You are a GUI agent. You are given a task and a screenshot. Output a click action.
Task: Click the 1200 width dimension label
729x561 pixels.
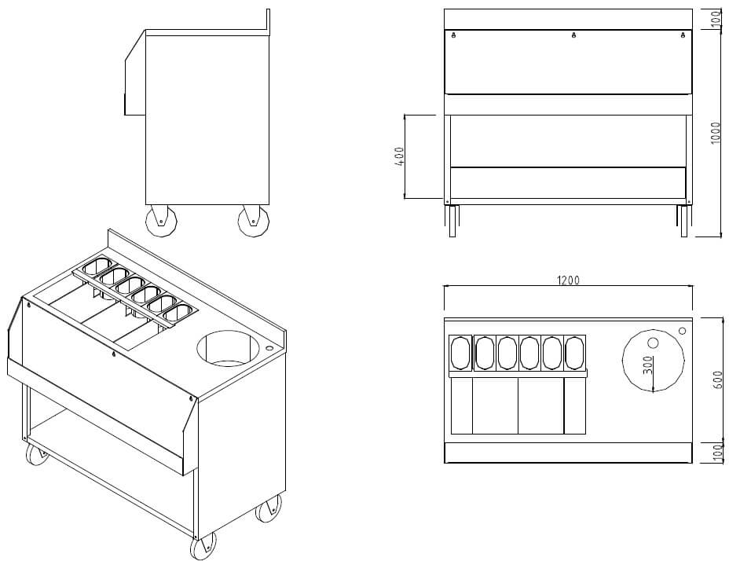click(x=568, y=280)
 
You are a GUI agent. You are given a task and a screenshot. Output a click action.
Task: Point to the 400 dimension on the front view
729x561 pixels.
click(x=400, y=156)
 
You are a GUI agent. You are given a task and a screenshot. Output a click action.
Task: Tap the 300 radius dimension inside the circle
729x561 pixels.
click(x=647, y=367)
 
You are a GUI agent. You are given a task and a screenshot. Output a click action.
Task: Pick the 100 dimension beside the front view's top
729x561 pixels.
click(x=716, y=20)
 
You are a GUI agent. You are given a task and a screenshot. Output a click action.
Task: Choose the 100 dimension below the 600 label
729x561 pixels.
click(x=716, y=453)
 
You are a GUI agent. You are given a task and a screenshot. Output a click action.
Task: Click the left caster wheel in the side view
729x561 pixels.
click(x=161, y=221)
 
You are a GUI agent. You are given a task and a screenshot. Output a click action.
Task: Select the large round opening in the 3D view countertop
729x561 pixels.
click(x=226, y=349)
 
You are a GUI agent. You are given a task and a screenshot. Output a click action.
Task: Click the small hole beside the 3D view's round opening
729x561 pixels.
click(x=270, y=346)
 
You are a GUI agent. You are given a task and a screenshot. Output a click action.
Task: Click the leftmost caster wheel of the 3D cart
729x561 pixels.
click(x=36, y=453)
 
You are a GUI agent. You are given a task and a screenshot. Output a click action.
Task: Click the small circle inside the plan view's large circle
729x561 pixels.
click(x=653, y=343)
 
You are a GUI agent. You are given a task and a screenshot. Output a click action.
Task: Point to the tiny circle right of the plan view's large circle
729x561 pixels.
click(x=681, y=332)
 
